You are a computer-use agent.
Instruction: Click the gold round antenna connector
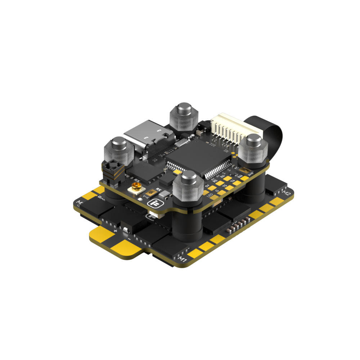tap(136, 187)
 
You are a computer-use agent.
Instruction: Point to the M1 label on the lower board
tap(183, 257)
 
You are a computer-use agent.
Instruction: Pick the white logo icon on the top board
tap(154, 204)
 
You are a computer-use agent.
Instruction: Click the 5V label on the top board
tap(207, 185)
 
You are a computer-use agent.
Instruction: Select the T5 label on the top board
tap(225, 186)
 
